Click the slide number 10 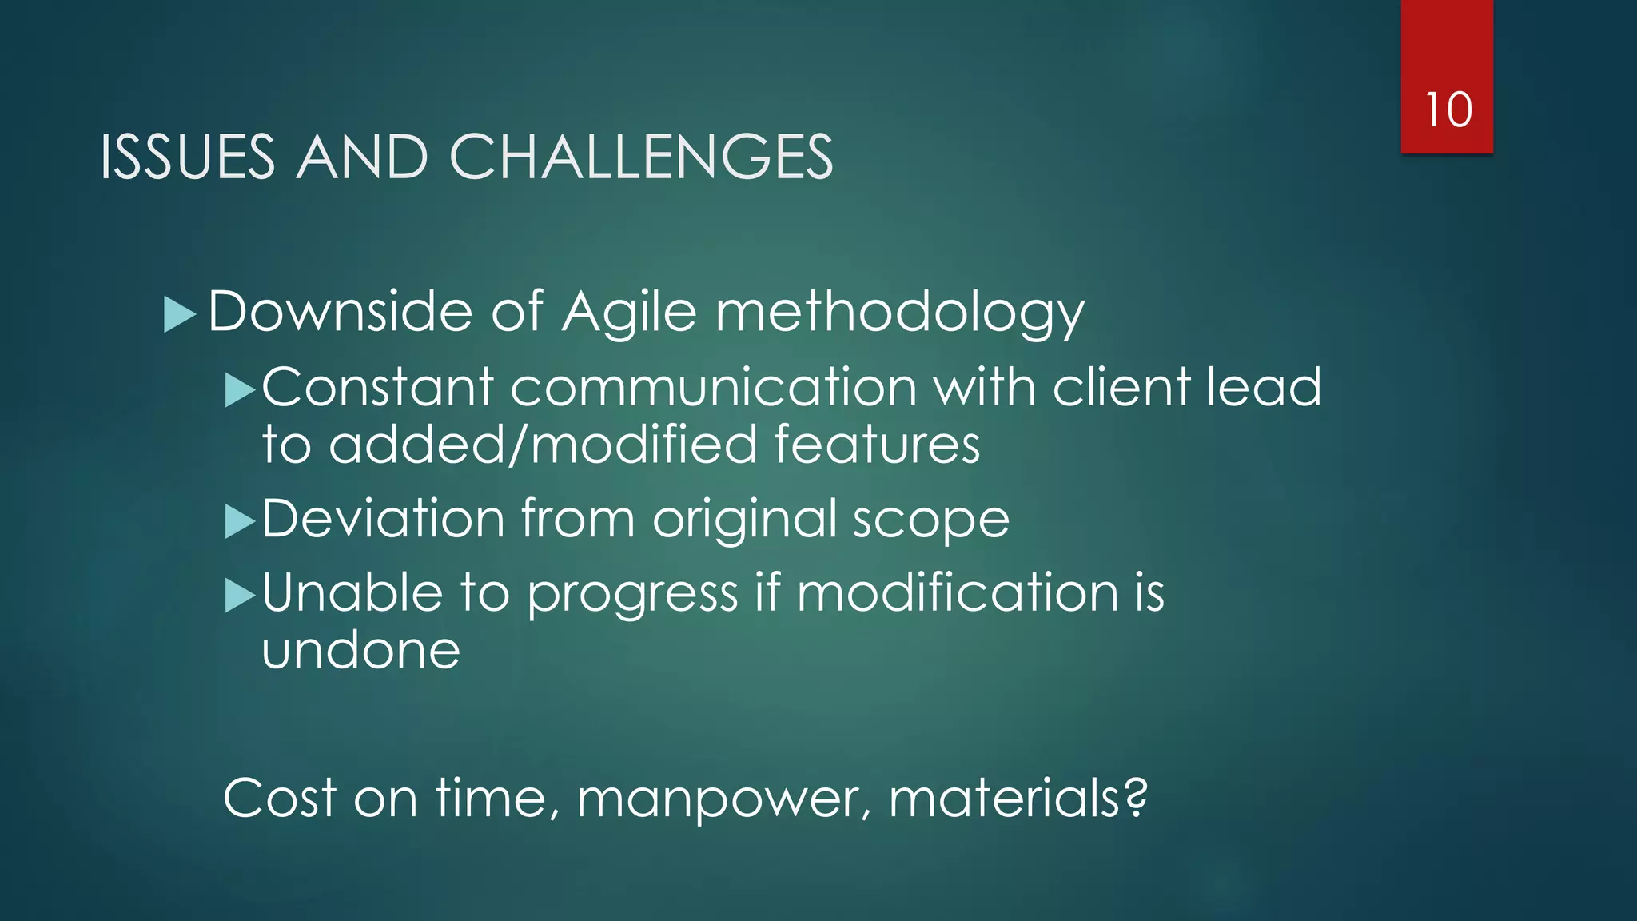click(x=1448, y=110)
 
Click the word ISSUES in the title click(x=187, y=157)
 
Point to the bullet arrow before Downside click(x=179, y=314)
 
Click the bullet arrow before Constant click(x=239, y=391)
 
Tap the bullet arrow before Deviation click(x=239, y=522)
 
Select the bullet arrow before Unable click(x=239, y=596)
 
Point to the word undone click(x=360, y=651)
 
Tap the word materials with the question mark click(x=1018, y=799)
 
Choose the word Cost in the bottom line click(x=279, y=799)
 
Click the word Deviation click(x=383, y=520)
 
